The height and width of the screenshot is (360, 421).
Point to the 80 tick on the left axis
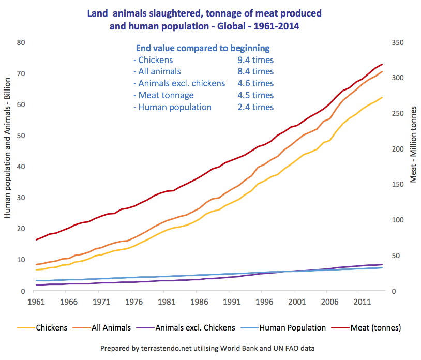(x=22, y=42)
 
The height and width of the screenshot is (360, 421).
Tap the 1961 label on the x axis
(x=35, y=302)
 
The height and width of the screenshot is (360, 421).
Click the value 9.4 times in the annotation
(x=252, y=60)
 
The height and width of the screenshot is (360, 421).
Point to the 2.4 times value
(x=252, y=107)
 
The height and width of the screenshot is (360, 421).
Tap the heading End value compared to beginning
(x=202, y=48)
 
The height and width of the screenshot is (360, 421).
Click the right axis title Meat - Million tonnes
(x=413, y=144)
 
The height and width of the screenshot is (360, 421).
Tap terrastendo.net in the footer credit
(x=161, y=348)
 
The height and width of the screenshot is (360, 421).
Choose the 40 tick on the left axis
(x=22, y=167)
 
